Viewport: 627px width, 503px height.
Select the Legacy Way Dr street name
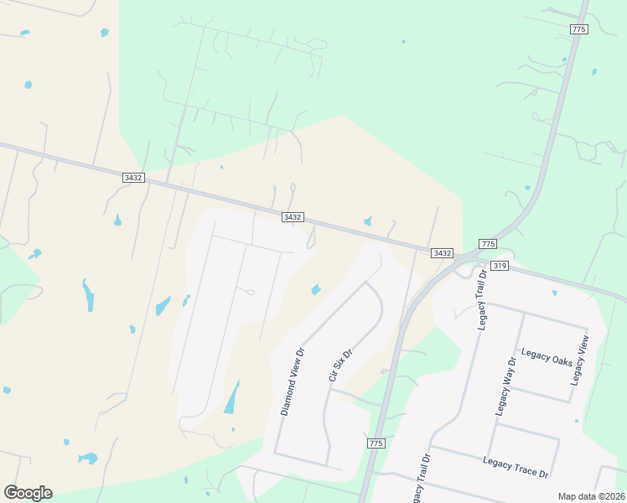pyautogui.click(x=503, y=387)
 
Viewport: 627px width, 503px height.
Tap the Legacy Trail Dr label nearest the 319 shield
pyautogui.click(x=483, y=300)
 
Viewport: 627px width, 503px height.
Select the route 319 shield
pyautogui.click(x=500, y=266)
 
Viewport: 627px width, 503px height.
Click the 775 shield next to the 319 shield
pyautogui.click(x=488, y=244)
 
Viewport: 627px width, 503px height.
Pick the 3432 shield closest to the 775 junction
pyautogui.click(x=443, y=253)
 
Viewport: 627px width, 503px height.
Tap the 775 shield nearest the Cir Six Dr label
pyautogui.click(x=376, y=443)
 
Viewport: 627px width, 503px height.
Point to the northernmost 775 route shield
pyautogui.click(x=578, y=29)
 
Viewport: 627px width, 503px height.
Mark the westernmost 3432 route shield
pyautogui.click(x=132, y=178)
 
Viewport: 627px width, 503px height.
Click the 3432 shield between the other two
pyautogui.click(x=293, y=217)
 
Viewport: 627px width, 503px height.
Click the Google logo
pyautogui.click(x=28, y=493)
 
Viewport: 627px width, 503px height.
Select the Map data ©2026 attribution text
pyautogui.click(x=590, y=496)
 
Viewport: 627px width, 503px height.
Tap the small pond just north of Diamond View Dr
pyautogui.click(x=316, y=290)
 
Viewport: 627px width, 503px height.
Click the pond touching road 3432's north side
pyautogui.click(x=368, y=221)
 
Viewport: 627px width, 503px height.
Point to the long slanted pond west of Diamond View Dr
pyautogui.click(x=231, y=398)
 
